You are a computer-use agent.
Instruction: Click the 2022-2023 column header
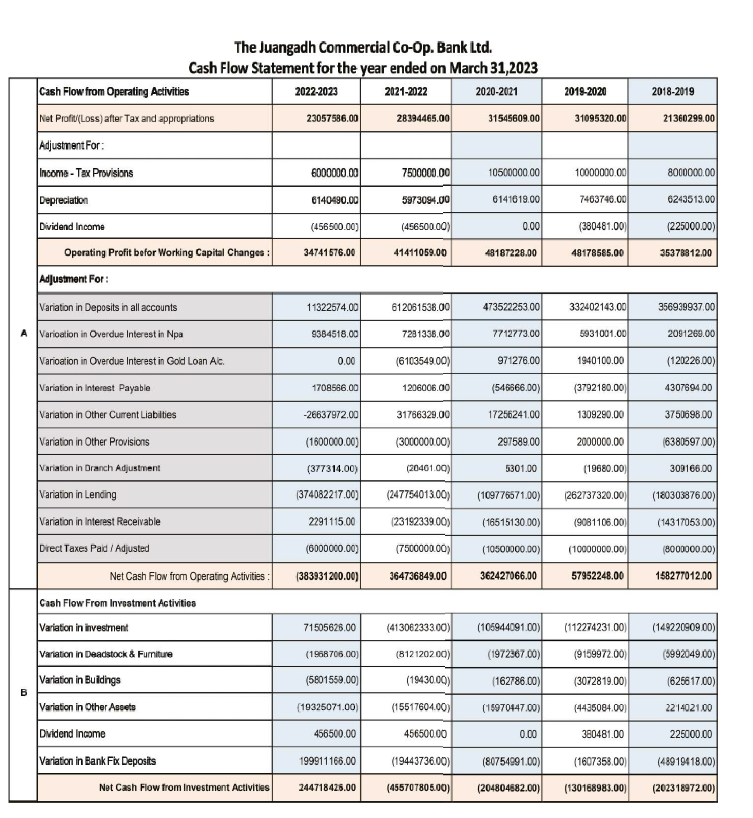tap(316, 91)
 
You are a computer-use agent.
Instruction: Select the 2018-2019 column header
tap(673, 91)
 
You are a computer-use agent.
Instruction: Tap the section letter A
tap(24, 334)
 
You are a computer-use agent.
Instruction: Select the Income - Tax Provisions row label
tap(86, 173)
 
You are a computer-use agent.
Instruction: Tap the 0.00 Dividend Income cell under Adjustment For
tap(531, 226)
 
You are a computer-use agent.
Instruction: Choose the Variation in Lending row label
tap(77, 495)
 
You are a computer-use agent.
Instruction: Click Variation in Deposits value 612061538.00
tap(420, 307)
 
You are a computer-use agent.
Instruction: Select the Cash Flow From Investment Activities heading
tap(117, 603)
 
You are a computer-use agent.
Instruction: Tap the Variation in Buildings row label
tap(79, 680)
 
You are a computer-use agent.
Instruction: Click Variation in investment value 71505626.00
tap(329, 627)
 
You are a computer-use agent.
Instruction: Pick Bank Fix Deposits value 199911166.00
tap(327, 761)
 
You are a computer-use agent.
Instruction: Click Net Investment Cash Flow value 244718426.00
tap(327, 788)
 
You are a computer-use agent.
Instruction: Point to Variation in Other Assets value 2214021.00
tap(689, 708)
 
